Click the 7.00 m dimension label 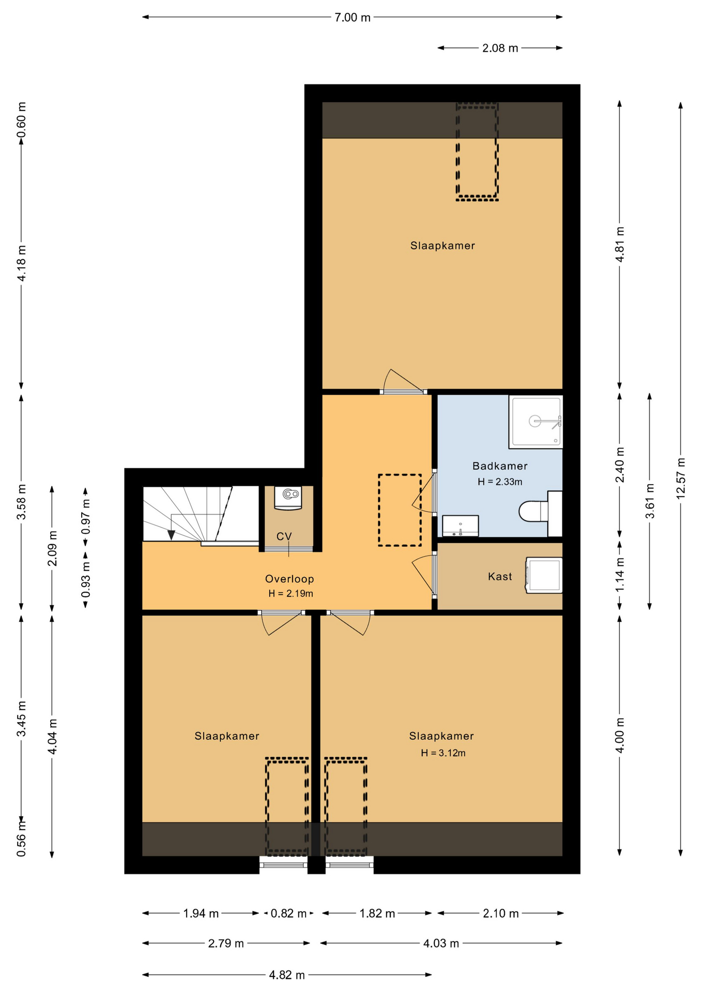click(x=353, y=18)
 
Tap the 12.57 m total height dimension click(x=681, y=478)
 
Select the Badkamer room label click(x=500, y=466)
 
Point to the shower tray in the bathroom click(x=536, y=422)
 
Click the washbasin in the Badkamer click(x=460, y=526)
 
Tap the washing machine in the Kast click(x=544, y=575)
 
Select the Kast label click(x=500, y=577)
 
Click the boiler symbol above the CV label click(x=288, y=498)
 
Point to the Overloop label click(x=289, y=579)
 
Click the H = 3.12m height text click(x=443, y=753)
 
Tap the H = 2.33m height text click(x=500, y=482)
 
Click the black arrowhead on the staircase click(x=172, y=535)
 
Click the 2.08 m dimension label click(x=500, y=48)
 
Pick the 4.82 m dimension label click(x=287, y=975)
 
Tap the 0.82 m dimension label click(x=288, y=913)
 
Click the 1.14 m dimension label click(x=620, y=575)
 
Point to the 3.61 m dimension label click(x=650, y=501)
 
